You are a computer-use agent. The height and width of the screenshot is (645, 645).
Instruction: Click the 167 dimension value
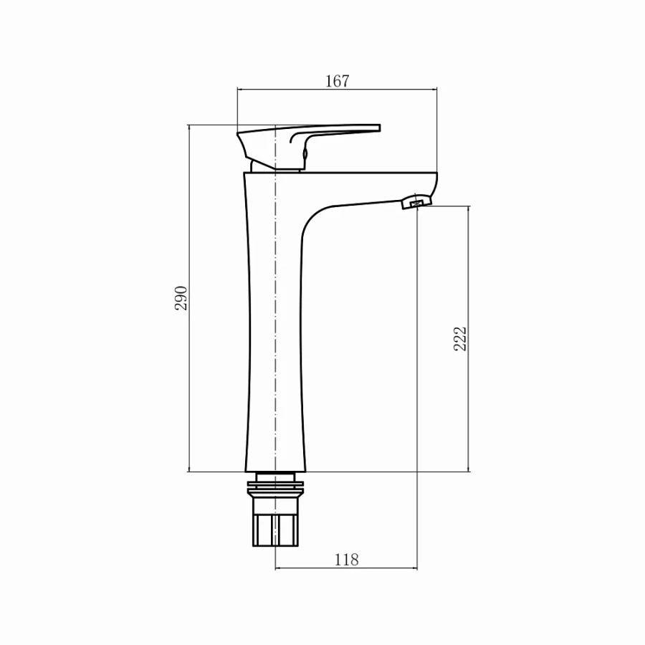[x=337, y=81]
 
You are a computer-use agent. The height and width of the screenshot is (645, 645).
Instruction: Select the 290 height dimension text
[x=181, y=297]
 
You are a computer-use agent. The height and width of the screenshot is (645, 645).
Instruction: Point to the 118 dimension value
[x=346, y=560]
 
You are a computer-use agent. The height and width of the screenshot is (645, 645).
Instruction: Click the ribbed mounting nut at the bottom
[x=275, y=528]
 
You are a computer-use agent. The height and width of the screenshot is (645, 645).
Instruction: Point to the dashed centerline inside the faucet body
[x=275, y=322]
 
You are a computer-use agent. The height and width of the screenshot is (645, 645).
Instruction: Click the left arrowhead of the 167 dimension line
[x=240, y=90]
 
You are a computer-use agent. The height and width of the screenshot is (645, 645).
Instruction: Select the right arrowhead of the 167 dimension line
[x=434, y=90]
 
